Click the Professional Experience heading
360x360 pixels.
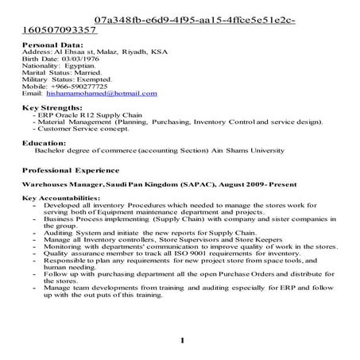click(x=71, y=170)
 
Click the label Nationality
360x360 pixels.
click(x=38, y=67)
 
